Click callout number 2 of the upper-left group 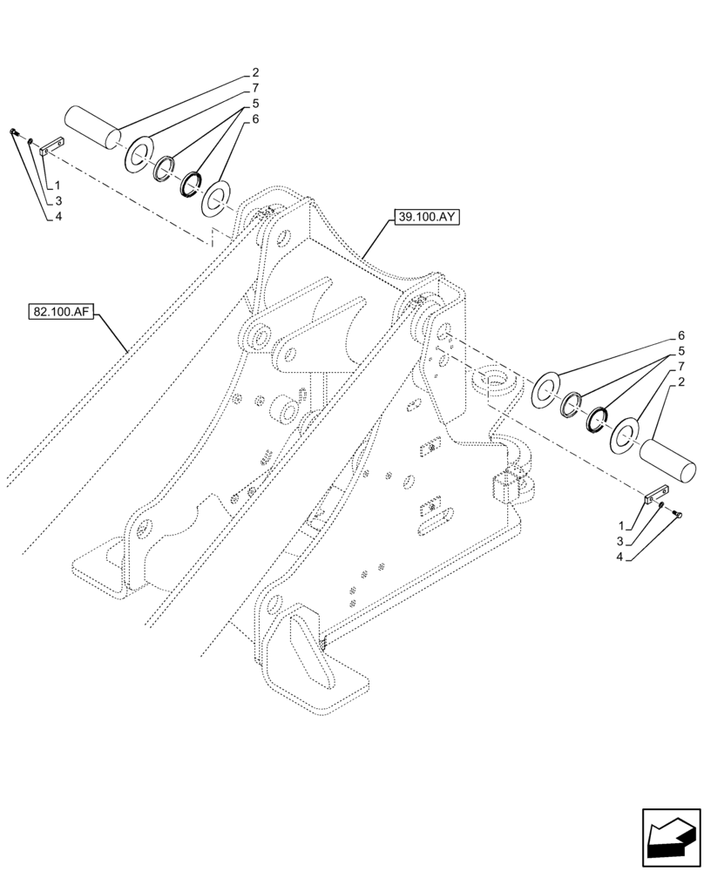(255, 72)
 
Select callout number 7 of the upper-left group (255, 88)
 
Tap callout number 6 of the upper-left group (255, 119)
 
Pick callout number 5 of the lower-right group (680, 351)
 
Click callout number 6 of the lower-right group (680, 335)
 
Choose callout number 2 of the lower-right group (680, 382)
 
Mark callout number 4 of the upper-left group (58, 217)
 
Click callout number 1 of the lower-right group (619, 526)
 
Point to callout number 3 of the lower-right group (619, 541)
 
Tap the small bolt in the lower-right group (679, 514)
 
